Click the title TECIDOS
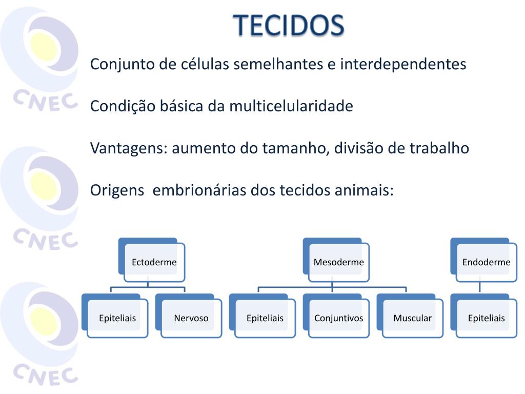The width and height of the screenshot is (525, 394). coord(289,25)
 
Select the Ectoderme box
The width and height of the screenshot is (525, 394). coord(152,260)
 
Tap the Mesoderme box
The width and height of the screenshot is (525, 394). coord(336,260)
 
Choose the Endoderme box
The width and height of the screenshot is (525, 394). coord(484,260)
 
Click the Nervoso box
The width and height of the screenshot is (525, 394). coord(189,316)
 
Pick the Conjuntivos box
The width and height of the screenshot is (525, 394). coord(336,316)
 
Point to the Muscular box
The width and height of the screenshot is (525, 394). coord(410,316)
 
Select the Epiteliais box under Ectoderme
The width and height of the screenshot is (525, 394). coord(115,316)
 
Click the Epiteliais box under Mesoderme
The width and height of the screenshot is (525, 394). coord(262,316)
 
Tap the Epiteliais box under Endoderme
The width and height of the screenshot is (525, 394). coord(484,316)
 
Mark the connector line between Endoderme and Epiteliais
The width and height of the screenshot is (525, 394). coord(480,287)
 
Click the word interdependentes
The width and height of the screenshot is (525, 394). coord(403,64)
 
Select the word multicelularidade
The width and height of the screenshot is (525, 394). coord(291,106)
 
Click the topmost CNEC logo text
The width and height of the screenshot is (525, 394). coord(45,100)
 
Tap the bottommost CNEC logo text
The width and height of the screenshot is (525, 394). coord(45,373)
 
